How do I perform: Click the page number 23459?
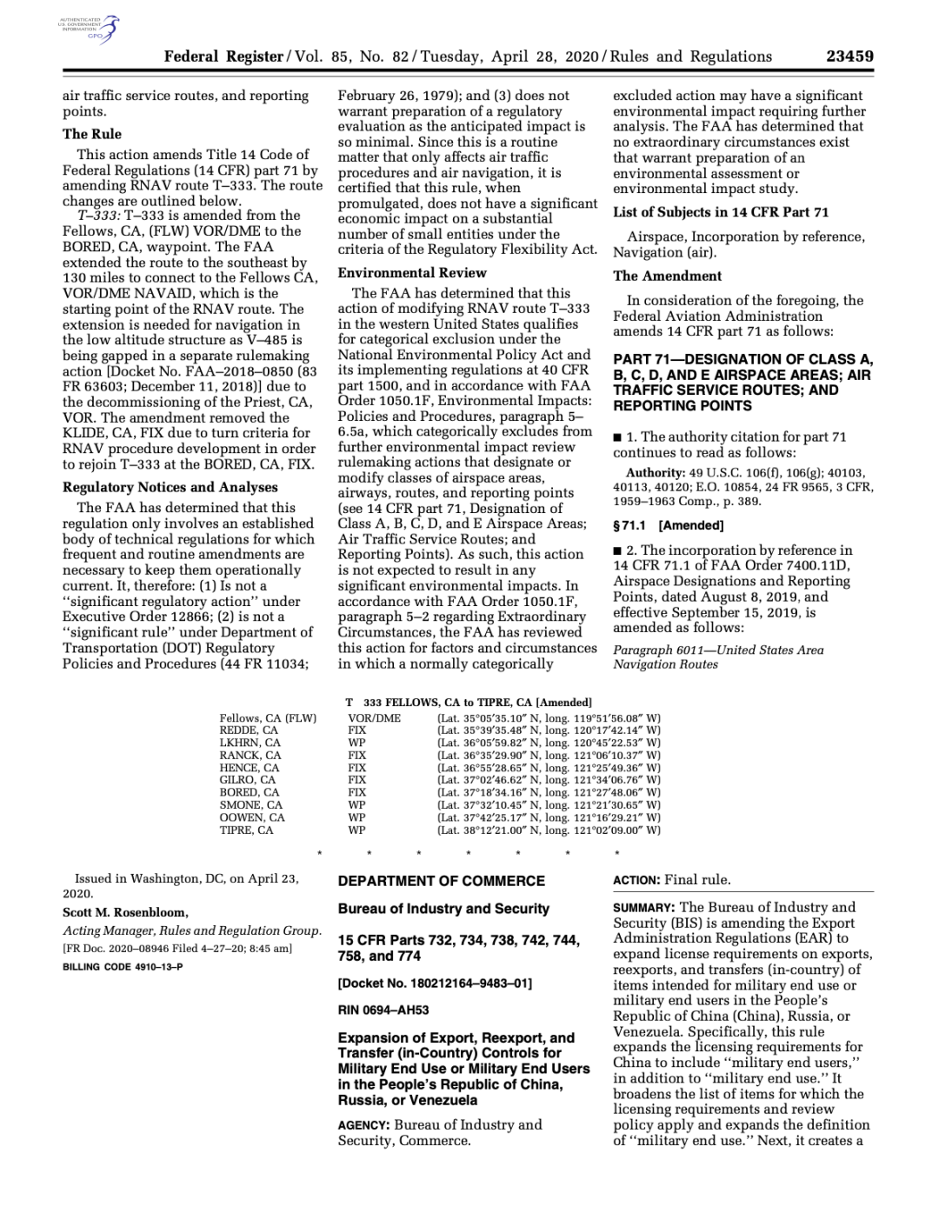[849, 57]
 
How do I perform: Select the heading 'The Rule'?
[92, 134]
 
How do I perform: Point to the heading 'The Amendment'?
[667, 276]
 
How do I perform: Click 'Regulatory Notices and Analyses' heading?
[170, 487]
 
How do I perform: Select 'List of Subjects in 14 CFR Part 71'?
[721, 212]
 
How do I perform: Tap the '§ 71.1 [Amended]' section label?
[668, 525]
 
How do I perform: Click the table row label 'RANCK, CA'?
[250, 756]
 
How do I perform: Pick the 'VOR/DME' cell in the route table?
[374, 718]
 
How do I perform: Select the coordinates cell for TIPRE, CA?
[549, 830]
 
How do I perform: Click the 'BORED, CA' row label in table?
[250, 793]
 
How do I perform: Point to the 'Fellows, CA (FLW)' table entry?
[268, 718]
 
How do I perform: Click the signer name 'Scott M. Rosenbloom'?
[125, 912]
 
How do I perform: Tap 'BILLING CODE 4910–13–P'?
[123, 967]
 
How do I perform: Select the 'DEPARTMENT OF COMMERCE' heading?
[442, 881]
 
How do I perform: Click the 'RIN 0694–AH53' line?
[383, 1010]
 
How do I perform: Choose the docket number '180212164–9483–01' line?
[435, 983]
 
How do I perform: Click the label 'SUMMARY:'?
[644, 908]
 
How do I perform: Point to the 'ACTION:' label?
[636, 880]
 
